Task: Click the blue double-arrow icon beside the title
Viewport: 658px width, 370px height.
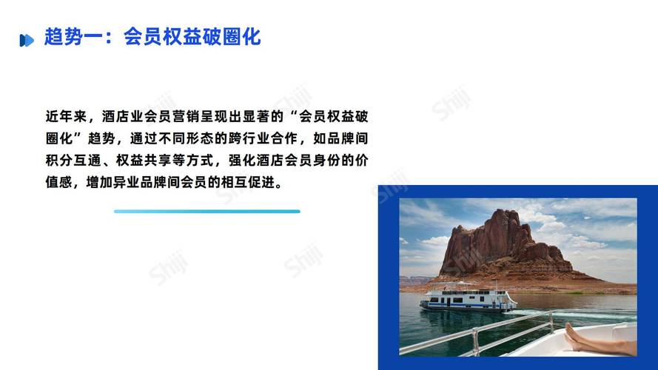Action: [27, 40]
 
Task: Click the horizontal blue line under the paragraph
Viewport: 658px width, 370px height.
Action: [207, 212]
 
